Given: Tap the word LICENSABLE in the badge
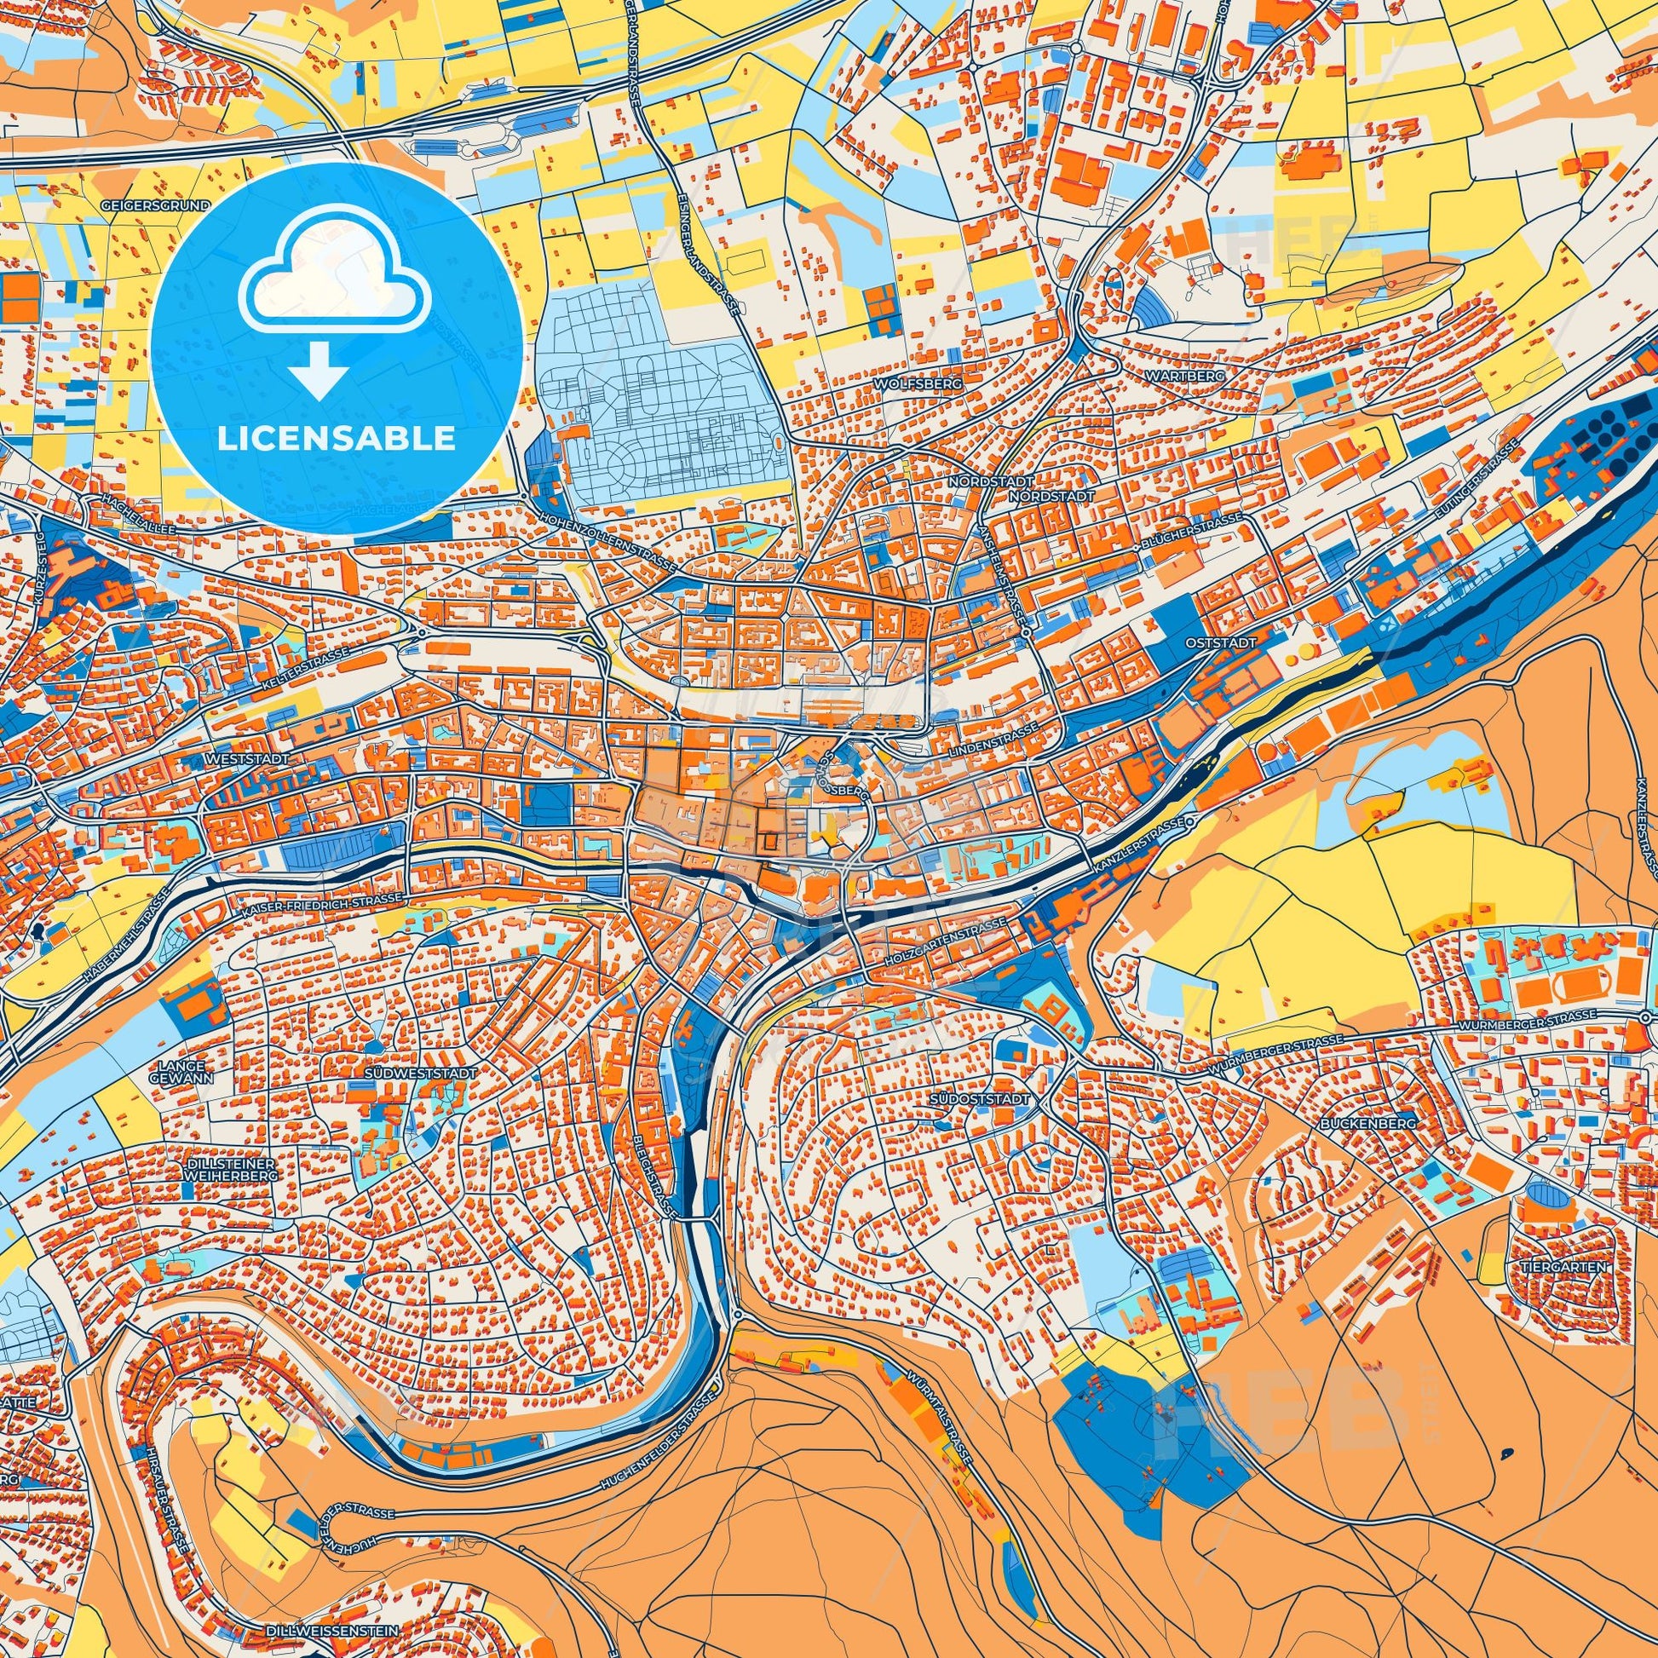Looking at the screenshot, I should pyautogui.click(x=337, y=439).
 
